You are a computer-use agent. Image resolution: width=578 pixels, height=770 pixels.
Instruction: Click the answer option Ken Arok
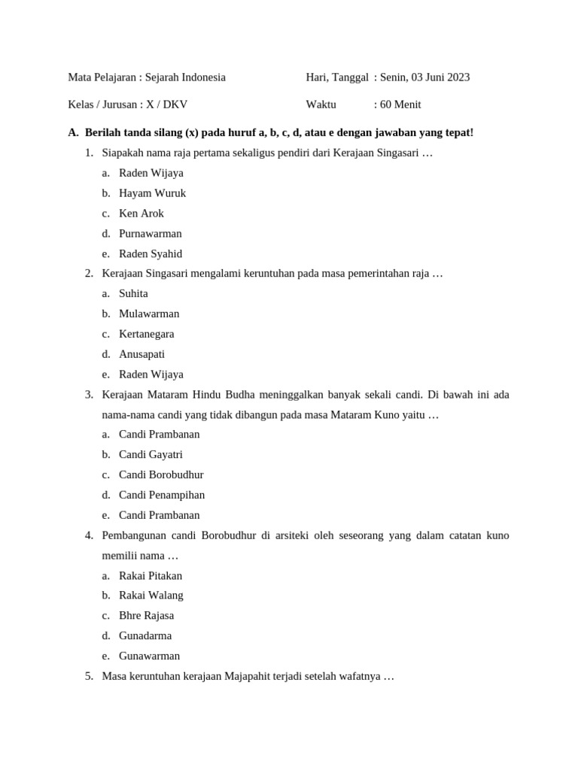tap(141, 214)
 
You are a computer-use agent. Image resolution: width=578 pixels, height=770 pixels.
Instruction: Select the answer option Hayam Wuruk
tap(152, 193)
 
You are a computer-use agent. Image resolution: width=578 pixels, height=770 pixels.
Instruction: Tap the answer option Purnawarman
tap(150, 234)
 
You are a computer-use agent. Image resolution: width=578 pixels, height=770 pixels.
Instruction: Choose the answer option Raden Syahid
tap(150, 254)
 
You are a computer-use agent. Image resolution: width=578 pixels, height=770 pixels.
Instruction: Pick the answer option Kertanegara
tap(146, 334)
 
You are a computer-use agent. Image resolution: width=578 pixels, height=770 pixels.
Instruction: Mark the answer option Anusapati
tap(141, 354)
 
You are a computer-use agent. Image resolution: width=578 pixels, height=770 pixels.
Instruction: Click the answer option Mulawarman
tap(149, 314)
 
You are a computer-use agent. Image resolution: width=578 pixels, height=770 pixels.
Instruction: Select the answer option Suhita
tap(133, 293)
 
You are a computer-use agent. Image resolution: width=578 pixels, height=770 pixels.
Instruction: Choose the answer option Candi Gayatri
tap(151, 454)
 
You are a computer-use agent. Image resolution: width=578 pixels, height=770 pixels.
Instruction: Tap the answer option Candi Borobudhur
tap(161, 474)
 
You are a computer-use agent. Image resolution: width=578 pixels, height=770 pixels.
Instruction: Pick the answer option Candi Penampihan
tap(162, 495)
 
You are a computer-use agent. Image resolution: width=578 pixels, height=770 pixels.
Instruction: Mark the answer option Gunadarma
tap(145, 635)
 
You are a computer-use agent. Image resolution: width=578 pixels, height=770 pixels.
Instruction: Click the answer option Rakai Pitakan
tap(151, 576)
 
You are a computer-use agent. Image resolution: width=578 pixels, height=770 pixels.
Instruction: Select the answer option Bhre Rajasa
tap(146, 615)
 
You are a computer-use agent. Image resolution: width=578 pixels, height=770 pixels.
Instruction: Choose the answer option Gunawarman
tap(149, 656)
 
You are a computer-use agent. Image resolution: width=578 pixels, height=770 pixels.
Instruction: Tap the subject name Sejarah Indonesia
tap(185, 77)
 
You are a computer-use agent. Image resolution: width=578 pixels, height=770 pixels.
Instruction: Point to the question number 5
tap(89, 676)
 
